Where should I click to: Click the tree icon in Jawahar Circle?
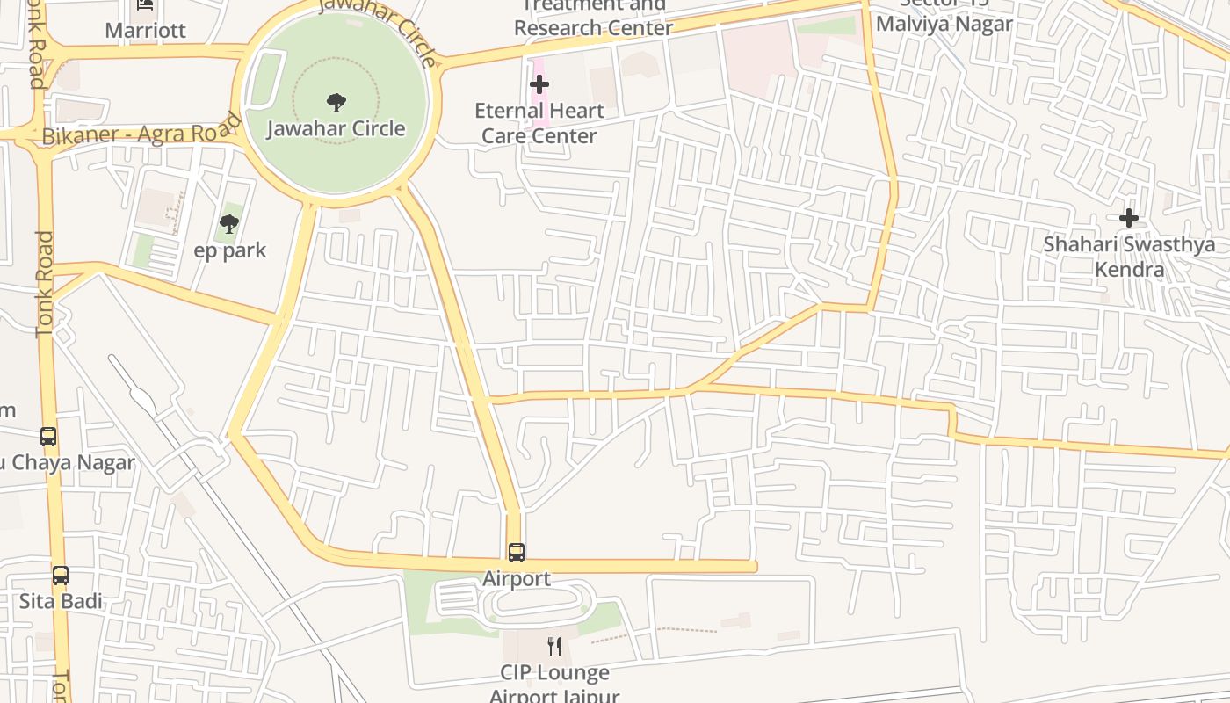[x=336, y=103]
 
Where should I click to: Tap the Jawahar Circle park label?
[x=336, y=129]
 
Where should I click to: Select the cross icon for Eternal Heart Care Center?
[x=539, y=84]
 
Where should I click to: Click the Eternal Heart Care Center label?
[x=539, y=123]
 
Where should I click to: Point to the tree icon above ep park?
[x=229, y=224]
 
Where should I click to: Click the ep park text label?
[x=229, y=250]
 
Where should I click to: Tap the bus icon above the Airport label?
[x=517, y=553]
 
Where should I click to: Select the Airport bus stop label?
[x=517, y=579]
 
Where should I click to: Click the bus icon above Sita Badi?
[x=61, y=576]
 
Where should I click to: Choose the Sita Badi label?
[x=61, y=602]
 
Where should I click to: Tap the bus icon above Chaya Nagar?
[x=48, y=436]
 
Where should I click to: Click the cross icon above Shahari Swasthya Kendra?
[x=1129, y=217]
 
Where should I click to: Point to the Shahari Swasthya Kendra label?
[x=1129, y=256]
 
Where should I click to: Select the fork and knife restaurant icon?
[x=554, y=647]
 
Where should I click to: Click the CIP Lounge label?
[x=554, y=673]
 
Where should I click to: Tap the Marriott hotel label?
[x=145, y=31]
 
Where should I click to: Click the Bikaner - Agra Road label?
[x=141, y=133]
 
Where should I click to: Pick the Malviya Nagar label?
[x=944, y=24]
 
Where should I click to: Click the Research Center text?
[x=593, y=28]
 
